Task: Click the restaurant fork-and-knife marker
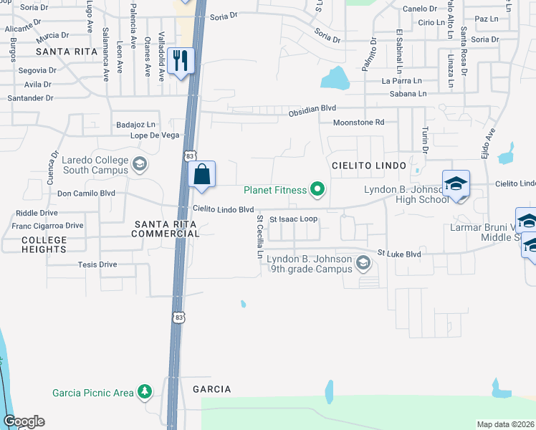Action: [181, 60]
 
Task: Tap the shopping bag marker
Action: [202, 174]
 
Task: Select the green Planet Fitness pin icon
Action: [317, 190]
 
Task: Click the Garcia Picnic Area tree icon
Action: [145, 392]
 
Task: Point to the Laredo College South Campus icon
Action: [139, 166]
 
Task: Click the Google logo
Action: [24, 421]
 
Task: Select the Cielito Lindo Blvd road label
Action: [224, 209]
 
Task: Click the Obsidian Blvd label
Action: [312, 111]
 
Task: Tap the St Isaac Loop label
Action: [293, 219]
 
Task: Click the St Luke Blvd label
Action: [399, 254]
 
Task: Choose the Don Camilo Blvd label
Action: [86, 193]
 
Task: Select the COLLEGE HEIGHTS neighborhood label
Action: [44, 244]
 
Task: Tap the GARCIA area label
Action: [211, 388]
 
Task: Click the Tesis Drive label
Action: [97, 264]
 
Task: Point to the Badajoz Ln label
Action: [135, 125]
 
